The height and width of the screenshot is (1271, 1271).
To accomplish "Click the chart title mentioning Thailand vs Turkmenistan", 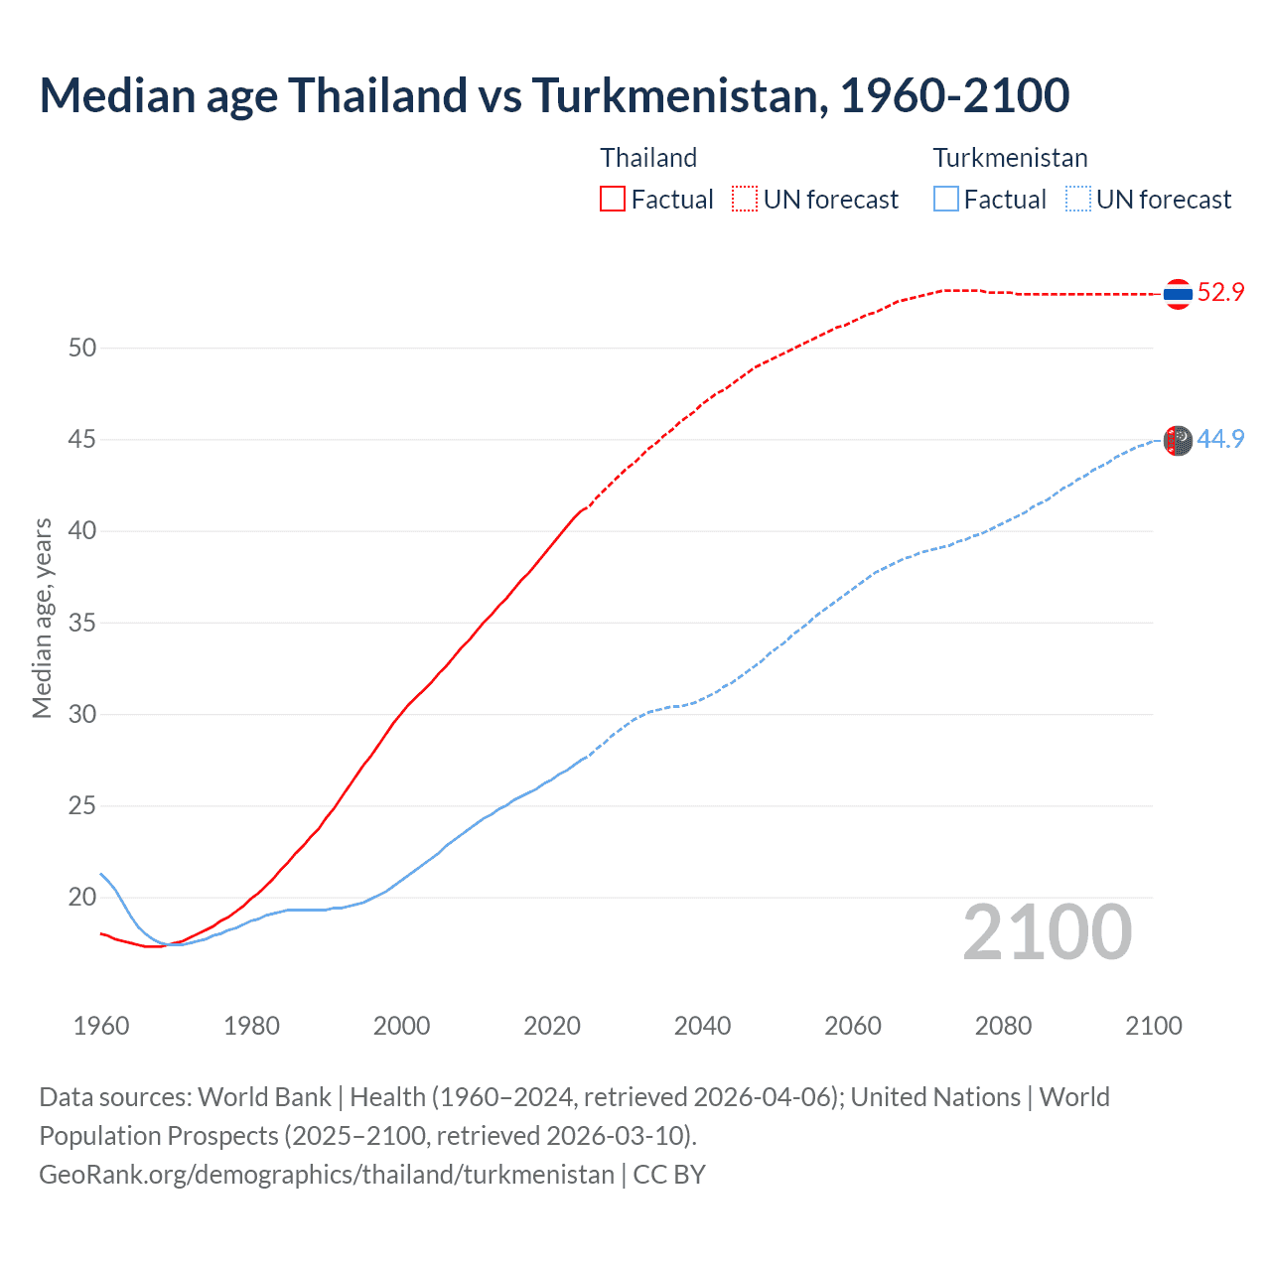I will tap(554, 95).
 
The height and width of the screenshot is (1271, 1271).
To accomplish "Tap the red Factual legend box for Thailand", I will tap(613, 199).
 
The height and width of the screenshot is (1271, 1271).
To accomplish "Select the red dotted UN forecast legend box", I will tap(745, 199).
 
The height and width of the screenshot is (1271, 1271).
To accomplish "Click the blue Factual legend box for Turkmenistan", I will tap(946, 199).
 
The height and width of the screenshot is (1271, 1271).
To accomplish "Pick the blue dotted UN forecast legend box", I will tap(1078, 199).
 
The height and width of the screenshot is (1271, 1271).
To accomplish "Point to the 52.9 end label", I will tap(1220, 292).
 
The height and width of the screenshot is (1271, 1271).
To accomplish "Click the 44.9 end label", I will tap(1220, 439).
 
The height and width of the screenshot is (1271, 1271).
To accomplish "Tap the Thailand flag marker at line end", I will tap(1178, 294).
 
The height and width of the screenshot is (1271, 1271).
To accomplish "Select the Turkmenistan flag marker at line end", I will tap(1178, 440).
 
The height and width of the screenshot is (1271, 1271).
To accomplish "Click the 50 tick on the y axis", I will tap(82, 348).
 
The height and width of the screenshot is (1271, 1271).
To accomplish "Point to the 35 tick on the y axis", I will tap(82, 623).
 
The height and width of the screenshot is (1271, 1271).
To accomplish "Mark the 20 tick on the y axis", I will tap(82, 898).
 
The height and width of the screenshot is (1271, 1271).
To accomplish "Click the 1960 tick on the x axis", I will tap(101, 1026).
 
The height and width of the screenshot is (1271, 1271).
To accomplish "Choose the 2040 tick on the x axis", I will tap(702, 1026).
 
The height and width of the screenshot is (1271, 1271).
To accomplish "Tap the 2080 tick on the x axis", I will tap(1003, 1026).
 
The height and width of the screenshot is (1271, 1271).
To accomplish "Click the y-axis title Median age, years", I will tap(42, 618).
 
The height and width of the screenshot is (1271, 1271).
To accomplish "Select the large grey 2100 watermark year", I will tap(1047, 932).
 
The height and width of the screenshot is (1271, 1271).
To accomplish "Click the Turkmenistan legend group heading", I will tap(1010, 158).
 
